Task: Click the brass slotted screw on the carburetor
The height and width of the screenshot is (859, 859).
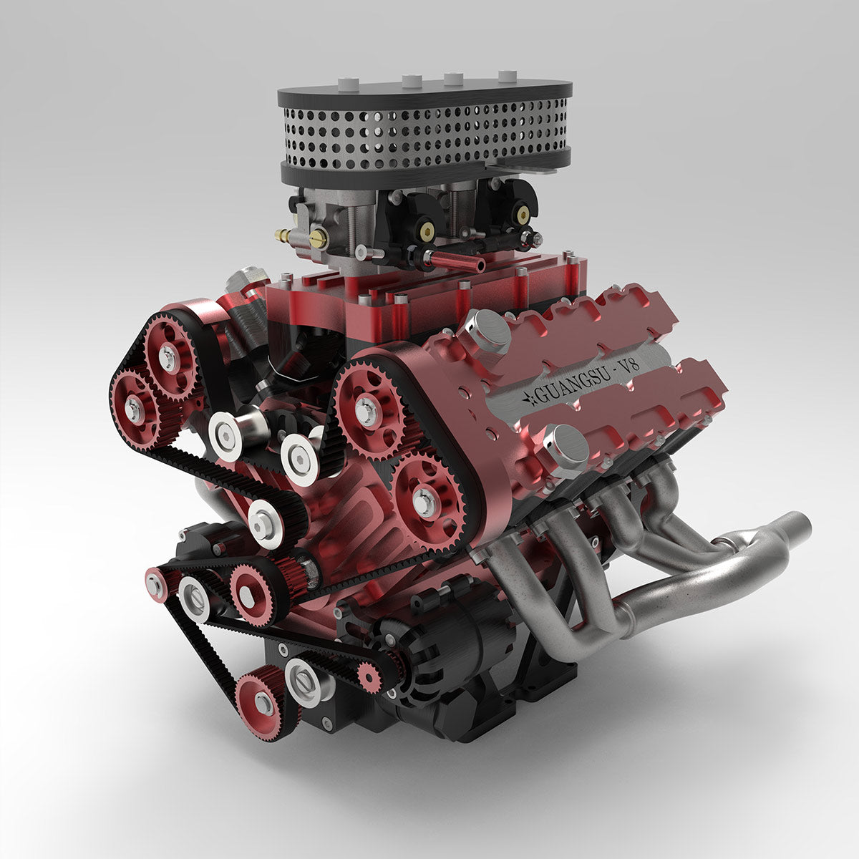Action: coord(317,238)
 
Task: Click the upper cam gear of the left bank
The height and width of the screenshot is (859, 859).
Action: coord(169,356)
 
